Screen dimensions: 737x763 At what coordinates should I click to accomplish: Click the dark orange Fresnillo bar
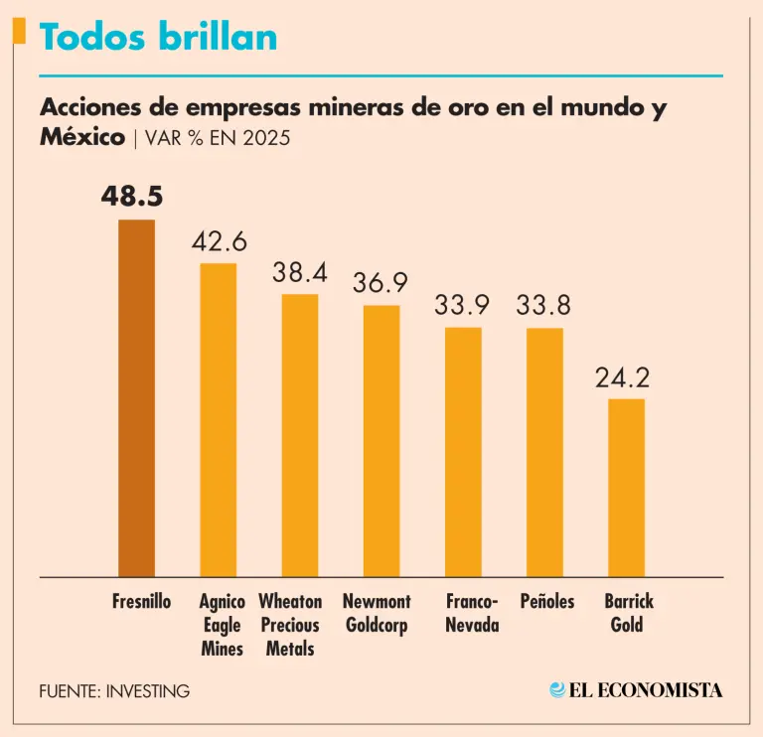[136, 397]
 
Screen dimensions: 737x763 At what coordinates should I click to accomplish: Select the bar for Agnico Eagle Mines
[219, 419]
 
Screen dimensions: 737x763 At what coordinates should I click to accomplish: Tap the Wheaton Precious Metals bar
[300, 435]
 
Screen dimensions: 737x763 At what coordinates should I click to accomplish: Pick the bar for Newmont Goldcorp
[381, 440]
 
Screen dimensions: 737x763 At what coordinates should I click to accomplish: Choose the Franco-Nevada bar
[463, 451]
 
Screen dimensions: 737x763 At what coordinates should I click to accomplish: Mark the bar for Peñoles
[544, 451]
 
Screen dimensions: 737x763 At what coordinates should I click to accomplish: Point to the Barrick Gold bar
[626, 487]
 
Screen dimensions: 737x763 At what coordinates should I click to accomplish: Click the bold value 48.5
[132, 197]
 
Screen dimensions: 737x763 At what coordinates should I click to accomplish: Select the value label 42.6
[219, 241]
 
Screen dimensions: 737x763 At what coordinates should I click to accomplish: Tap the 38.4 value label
[300, 272]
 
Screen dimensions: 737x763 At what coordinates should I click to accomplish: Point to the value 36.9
[381, 283]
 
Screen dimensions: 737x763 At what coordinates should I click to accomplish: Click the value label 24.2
[626, 377]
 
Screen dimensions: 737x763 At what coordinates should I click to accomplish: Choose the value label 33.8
[544, 306]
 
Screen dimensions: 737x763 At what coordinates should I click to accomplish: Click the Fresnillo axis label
[142, 602]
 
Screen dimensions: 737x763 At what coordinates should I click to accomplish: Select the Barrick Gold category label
[628, 613]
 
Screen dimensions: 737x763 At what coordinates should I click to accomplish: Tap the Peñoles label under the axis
[547, 602]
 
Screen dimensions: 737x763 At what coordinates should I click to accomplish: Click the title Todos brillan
[158, 38]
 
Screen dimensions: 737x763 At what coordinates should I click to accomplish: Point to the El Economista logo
[636, 689]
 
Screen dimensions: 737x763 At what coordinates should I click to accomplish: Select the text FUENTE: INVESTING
[114, 690]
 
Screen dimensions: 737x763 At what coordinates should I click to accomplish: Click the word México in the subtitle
[82, 137]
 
